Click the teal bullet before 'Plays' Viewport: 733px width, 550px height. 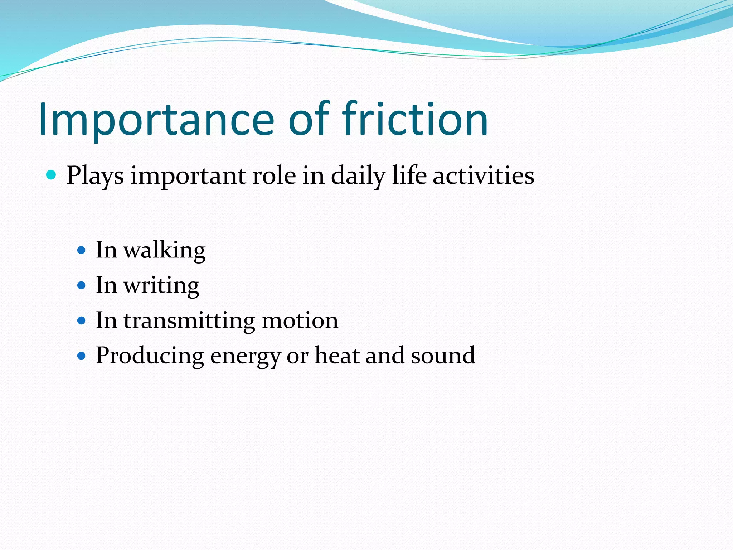52,175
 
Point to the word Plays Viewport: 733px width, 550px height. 95,176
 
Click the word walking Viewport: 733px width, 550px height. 165,250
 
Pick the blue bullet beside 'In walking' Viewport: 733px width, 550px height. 82,250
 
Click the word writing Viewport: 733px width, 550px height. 161,286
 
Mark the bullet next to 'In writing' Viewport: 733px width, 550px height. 82,285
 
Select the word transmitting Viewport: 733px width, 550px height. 189,320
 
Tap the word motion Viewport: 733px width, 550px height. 300,320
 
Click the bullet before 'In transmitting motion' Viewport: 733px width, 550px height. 82,320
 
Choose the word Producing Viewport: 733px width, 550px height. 150,356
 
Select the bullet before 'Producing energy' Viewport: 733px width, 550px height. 82,356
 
